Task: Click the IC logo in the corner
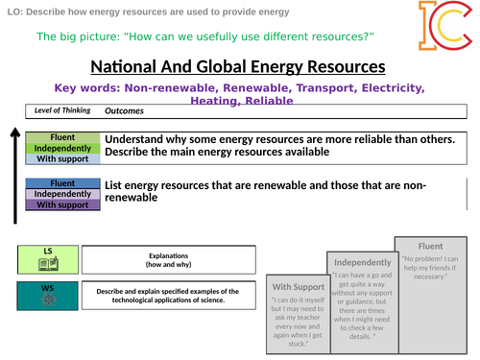pyautogui.click(x=442, y=26)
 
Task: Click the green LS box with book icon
pyautogui.click(x=48, y=258)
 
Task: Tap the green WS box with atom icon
pyautogui.click(x=48, y=295)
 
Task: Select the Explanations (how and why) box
pyautogui.click(x=168, y=259)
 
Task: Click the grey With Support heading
pyautogui.click(x=298, y=286)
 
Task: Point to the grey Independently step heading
pyautogui.click(x=362, y=262)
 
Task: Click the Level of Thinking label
pyautogui.click(x=61, y=110)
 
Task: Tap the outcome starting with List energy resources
pyautogui.click(x=264, y=192)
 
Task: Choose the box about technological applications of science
pyautogui.click(x=168, y=296)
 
